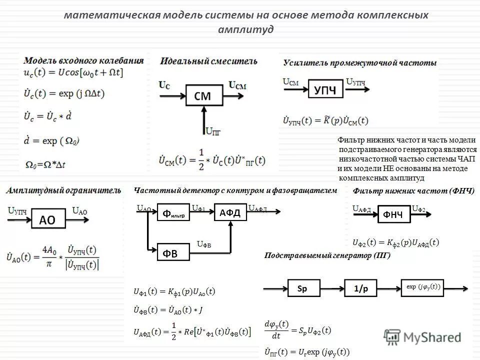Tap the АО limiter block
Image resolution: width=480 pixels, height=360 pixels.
[x=47, y=219]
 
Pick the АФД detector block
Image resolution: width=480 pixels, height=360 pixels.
[x=230, y=212]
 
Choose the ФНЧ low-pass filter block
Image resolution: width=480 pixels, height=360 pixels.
[x=393, y=214]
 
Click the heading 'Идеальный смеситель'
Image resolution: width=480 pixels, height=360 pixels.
[x=209, y=61]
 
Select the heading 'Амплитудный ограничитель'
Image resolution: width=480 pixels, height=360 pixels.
[x=63, y=190]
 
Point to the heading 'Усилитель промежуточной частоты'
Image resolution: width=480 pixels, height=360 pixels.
[x=360, y=63]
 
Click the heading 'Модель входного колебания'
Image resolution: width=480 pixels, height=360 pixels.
[x=83, y=60]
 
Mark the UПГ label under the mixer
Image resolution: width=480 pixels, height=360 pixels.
[x=212, y=131]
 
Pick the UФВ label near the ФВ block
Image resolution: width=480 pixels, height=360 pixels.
[x=204, y=245]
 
